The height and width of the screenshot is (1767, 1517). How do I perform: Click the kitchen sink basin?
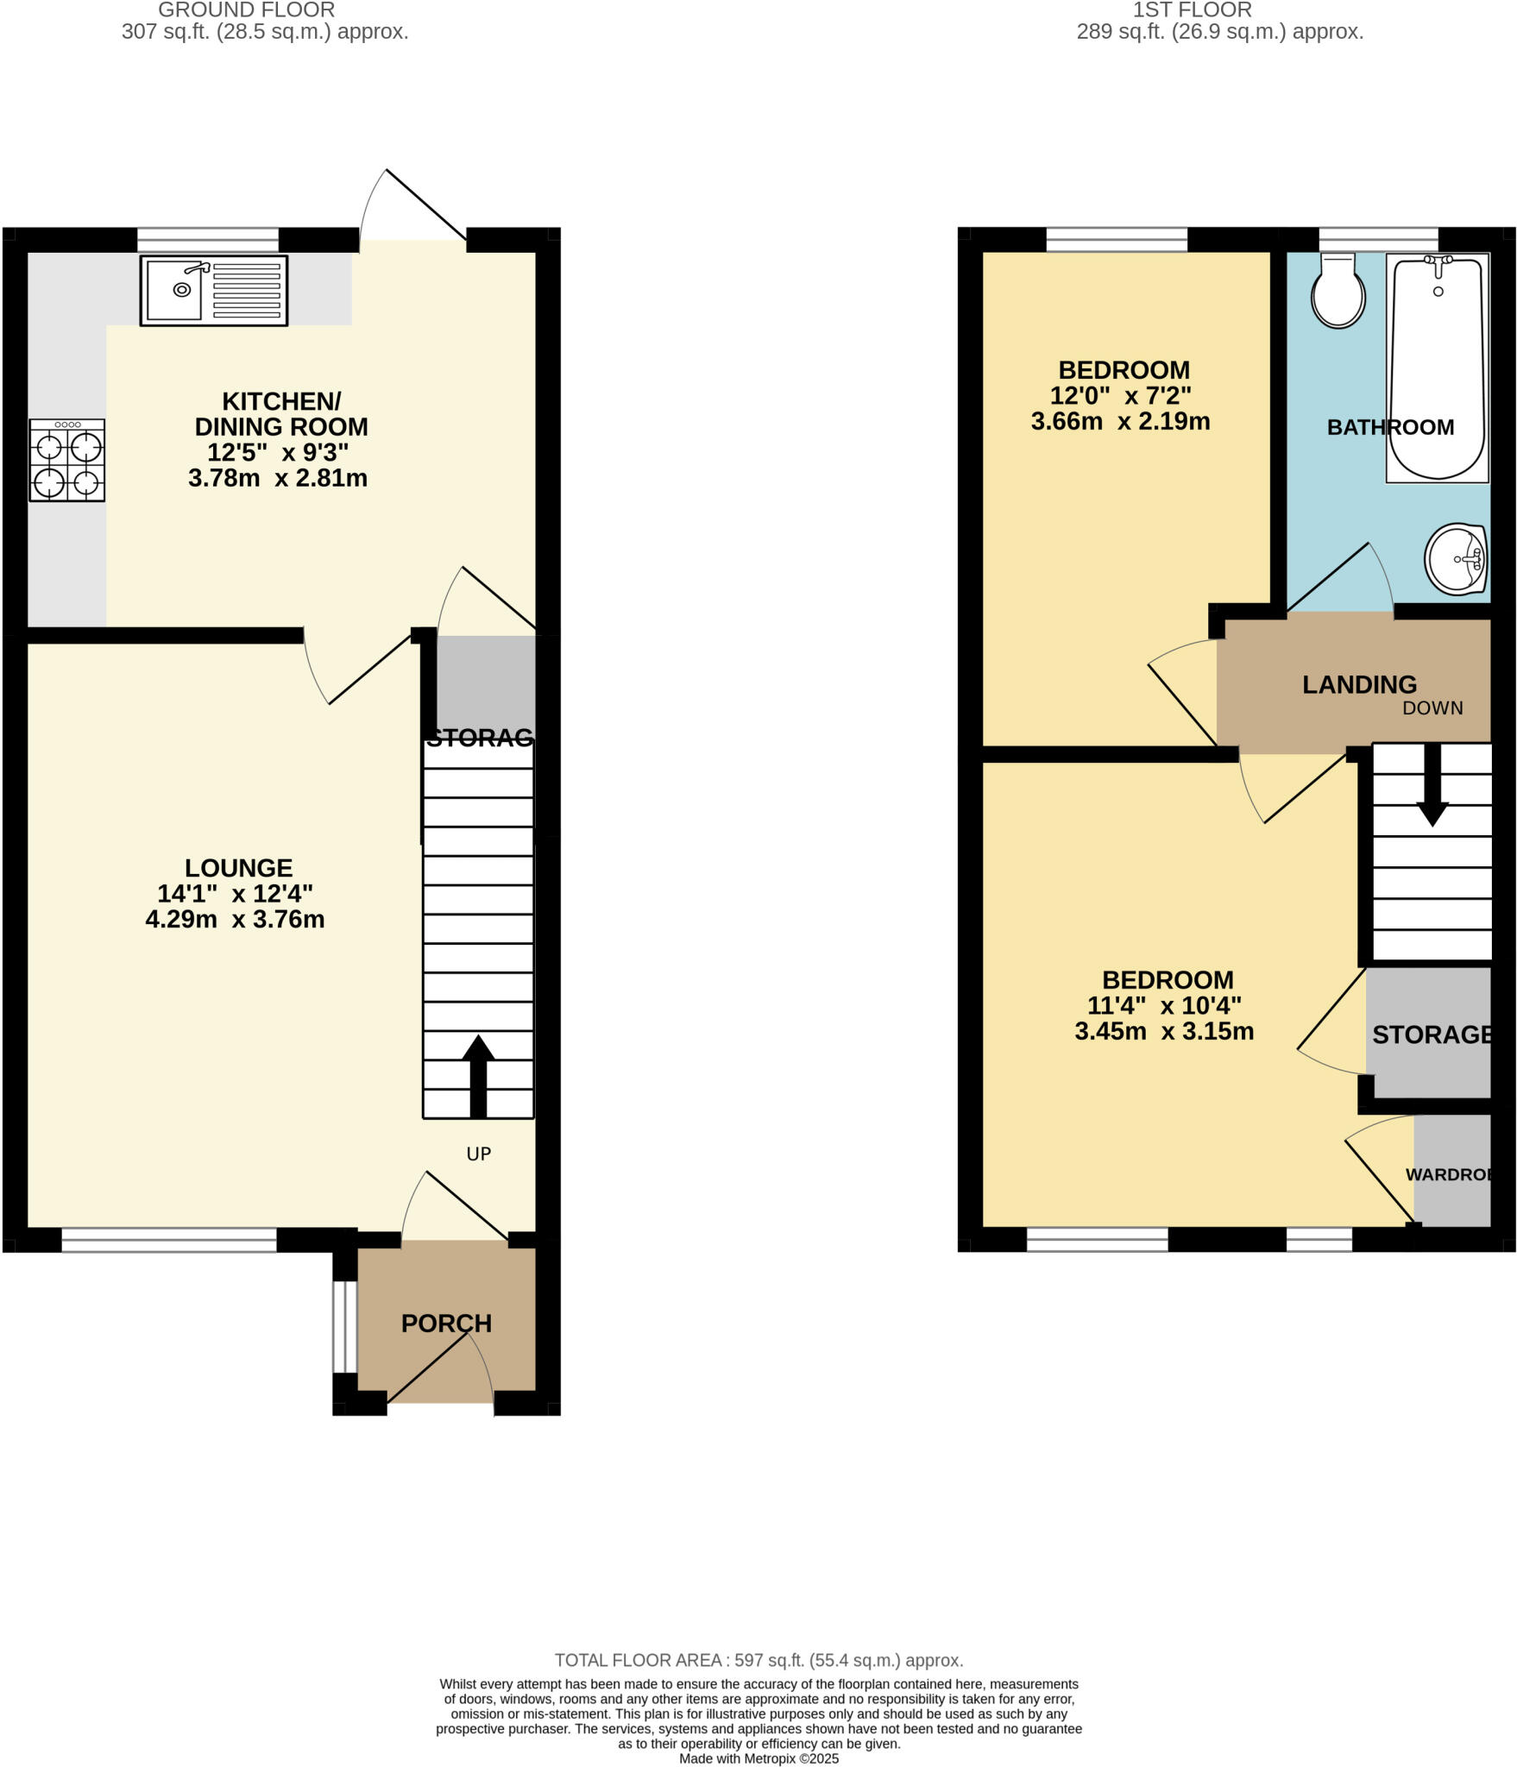(x=175, y=290)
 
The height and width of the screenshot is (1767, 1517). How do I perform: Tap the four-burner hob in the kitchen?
(x=67, y=460)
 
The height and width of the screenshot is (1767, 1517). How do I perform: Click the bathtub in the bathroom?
(x=1437, y=367)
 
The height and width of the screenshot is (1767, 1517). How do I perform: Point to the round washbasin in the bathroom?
(x=1456, y=559)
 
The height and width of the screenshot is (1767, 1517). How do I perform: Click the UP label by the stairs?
(x=478, y=1154)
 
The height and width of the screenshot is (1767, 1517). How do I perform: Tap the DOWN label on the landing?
(x=1432, y=708)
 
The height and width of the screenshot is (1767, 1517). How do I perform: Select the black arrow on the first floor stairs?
(x=1432, y=785)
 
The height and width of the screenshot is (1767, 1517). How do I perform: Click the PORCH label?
(x=446, y=1323)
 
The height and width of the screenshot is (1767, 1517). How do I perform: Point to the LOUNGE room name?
(x=239, y=867)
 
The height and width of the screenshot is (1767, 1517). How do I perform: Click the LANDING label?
(x=1359, y=684)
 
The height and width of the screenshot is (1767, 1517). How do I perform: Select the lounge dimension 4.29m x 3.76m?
(x=235, y=919)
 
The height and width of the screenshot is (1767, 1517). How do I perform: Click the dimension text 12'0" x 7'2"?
(x=1120, y=396)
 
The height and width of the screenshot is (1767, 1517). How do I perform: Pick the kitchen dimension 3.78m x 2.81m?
(x=278, y=478)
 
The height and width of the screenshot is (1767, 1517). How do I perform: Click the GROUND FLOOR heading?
(x=246, y=10)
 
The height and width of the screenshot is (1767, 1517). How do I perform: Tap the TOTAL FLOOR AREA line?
(x=758, y=1660)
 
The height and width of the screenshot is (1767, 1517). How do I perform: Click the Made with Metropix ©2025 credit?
(x=758, y=1758)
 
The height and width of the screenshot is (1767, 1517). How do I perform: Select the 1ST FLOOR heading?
(x=1192, y=10)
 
